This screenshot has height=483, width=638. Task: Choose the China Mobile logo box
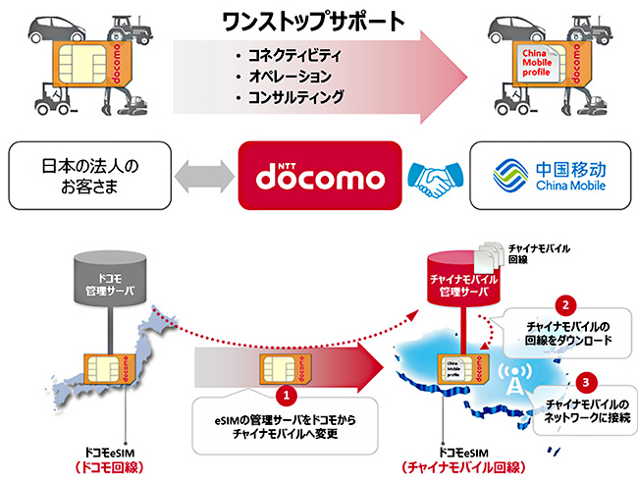(x=546, y=176)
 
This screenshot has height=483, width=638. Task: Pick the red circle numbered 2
(x=563, y=304)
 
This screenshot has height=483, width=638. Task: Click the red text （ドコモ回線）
(x=107, y=466)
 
